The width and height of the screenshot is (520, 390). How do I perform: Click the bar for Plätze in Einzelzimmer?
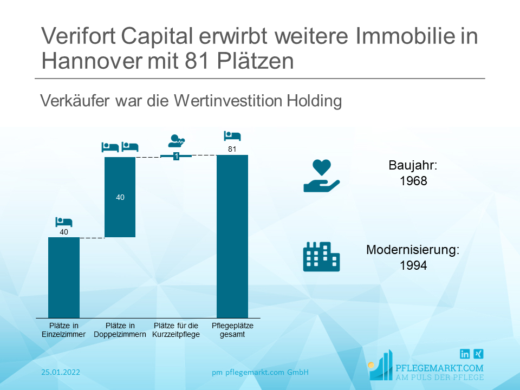(x=64, y=277)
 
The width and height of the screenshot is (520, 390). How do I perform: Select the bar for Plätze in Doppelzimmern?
(x=120, y=197)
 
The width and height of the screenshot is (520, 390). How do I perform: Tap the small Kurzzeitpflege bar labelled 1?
(x=176, y=156)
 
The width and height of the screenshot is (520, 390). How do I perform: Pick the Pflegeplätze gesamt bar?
(x=232, y=236)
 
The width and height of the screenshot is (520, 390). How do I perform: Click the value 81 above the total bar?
(x=232, y=149)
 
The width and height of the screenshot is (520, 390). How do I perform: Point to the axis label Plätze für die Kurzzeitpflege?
(x=177, y=330)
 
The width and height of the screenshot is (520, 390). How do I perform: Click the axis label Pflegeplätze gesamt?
(x=232, y=330)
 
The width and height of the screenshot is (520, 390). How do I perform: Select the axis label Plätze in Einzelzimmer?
(x=64, y=330)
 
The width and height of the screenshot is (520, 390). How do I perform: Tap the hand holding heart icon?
(x=321, y=176)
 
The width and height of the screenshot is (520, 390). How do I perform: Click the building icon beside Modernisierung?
(x=321, y=256)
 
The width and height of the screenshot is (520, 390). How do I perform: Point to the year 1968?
(x=413, y=181)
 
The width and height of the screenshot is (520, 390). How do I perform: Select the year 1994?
(x=413, y=265)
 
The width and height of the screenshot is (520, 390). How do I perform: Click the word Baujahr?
(x=413, y=166)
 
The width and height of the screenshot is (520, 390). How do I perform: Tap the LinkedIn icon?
(x=465, y=354)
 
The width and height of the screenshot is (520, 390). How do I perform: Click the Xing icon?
(x=478, y=354)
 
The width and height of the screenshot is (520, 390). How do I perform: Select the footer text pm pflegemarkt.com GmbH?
(x=260, y=372)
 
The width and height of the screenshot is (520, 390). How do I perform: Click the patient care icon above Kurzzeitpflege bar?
(x=177, y=141)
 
